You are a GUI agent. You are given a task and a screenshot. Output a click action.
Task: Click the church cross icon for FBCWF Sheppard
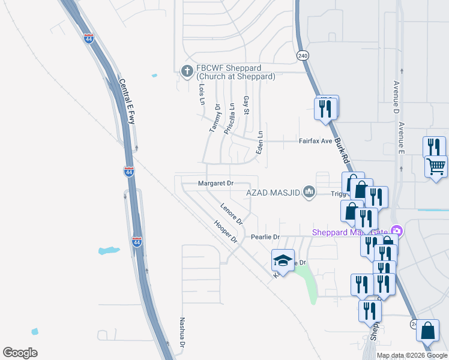187,71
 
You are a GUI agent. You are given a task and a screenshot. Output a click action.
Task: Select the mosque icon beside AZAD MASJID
310,192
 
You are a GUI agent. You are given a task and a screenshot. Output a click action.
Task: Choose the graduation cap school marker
283,259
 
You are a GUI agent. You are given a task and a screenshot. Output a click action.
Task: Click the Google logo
20,353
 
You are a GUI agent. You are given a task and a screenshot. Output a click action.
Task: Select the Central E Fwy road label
127,102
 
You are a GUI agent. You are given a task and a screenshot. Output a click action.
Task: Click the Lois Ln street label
202,94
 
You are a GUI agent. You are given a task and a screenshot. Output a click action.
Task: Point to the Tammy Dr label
215,121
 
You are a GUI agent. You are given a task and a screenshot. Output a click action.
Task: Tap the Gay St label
246,106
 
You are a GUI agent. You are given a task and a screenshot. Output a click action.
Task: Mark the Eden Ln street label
259,143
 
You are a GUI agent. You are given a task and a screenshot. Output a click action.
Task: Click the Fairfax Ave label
316,142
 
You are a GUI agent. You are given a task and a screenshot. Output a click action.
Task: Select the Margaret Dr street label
215,184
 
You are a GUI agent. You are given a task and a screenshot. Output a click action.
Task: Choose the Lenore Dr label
231,214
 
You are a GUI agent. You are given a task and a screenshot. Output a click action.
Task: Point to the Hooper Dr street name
226,231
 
